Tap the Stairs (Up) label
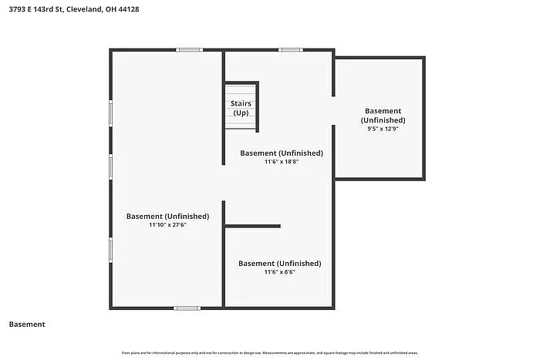[x=241, y=108]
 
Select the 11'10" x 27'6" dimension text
[x=167, y=225]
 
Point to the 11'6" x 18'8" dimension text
[x=281, y=162]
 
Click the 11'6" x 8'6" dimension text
[x=279, y=272]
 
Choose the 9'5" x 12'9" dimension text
[x=383, y=130]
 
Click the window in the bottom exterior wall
[x=187, y=308]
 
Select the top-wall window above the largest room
[x=190, y=50]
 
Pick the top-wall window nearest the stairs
[x=291, y=50]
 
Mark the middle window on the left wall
[x=111, y=167]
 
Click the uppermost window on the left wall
[x=111, y=113]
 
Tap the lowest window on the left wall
[x=111, y=250]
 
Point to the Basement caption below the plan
[x=27, y=325]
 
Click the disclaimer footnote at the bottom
[x=269, y=353]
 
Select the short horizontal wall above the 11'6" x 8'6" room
[x=252, y=226]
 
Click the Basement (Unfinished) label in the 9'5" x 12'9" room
[x=383, y=116]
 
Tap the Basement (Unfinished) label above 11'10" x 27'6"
[x=167, y=216]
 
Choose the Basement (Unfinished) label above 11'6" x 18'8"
[x=281, y=153]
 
